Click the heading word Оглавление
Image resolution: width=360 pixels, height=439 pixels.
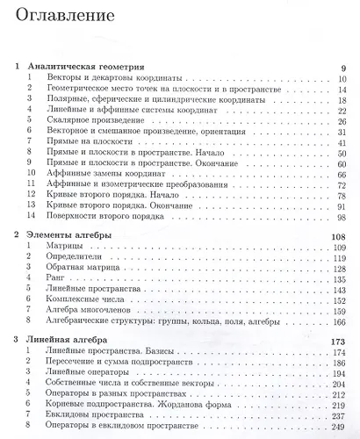[x=64, y=16]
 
